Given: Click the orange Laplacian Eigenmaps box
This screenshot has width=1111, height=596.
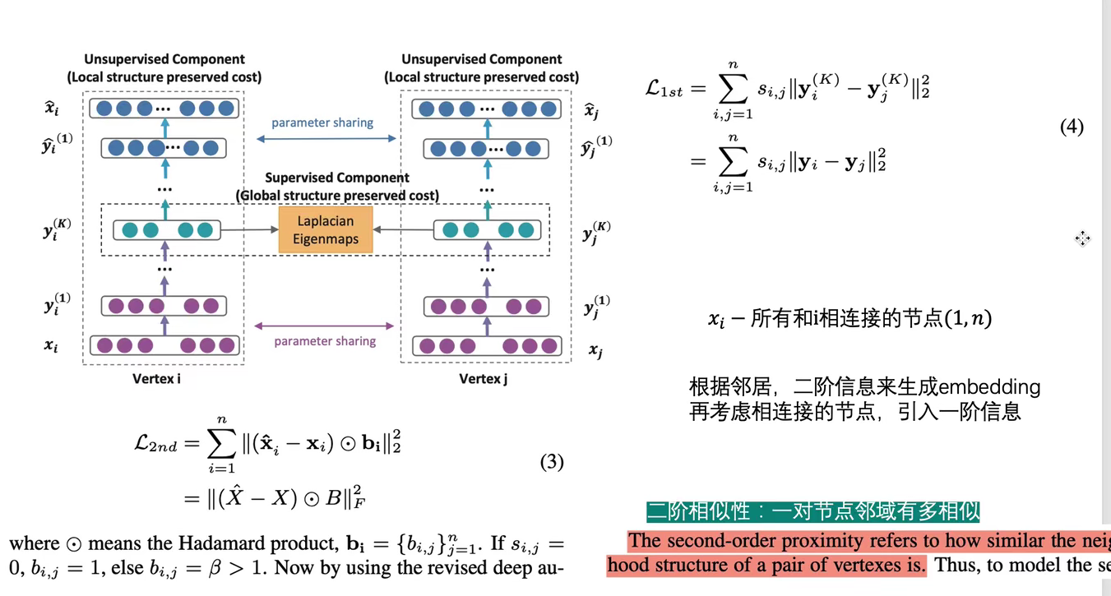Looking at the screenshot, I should coord(325,229).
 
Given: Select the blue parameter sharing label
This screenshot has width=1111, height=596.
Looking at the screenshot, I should coord(322,122).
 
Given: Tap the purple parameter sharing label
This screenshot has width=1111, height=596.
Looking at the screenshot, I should coord(325,341).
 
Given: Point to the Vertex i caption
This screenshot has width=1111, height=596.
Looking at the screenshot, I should coord(156,379).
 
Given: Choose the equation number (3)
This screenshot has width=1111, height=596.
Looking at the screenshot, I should coord(552,462).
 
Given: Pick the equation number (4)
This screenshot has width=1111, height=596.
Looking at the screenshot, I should coord(1072,127).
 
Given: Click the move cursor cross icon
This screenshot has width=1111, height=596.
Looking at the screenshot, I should coord(1082,238).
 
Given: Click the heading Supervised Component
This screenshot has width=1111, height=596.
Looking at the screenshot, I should coord(336,178).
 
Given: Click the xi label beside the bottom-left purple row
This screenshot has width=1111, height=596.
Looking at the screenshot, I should coord(51,346).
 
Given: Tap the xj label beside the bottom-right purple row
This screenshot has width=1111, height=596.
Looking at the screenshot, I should coord(595,351).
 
